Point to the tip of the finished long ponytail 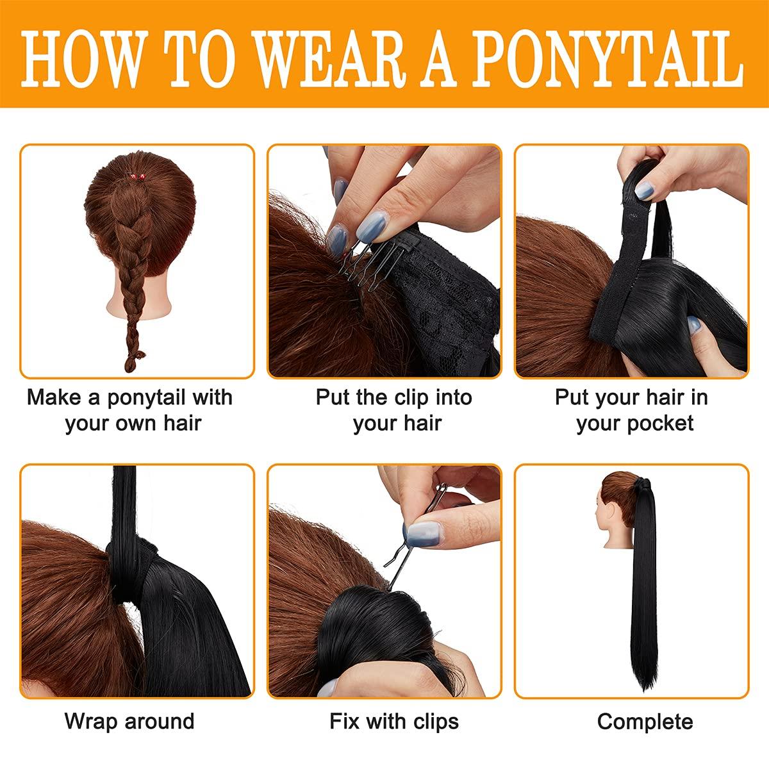click(645, 691)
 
